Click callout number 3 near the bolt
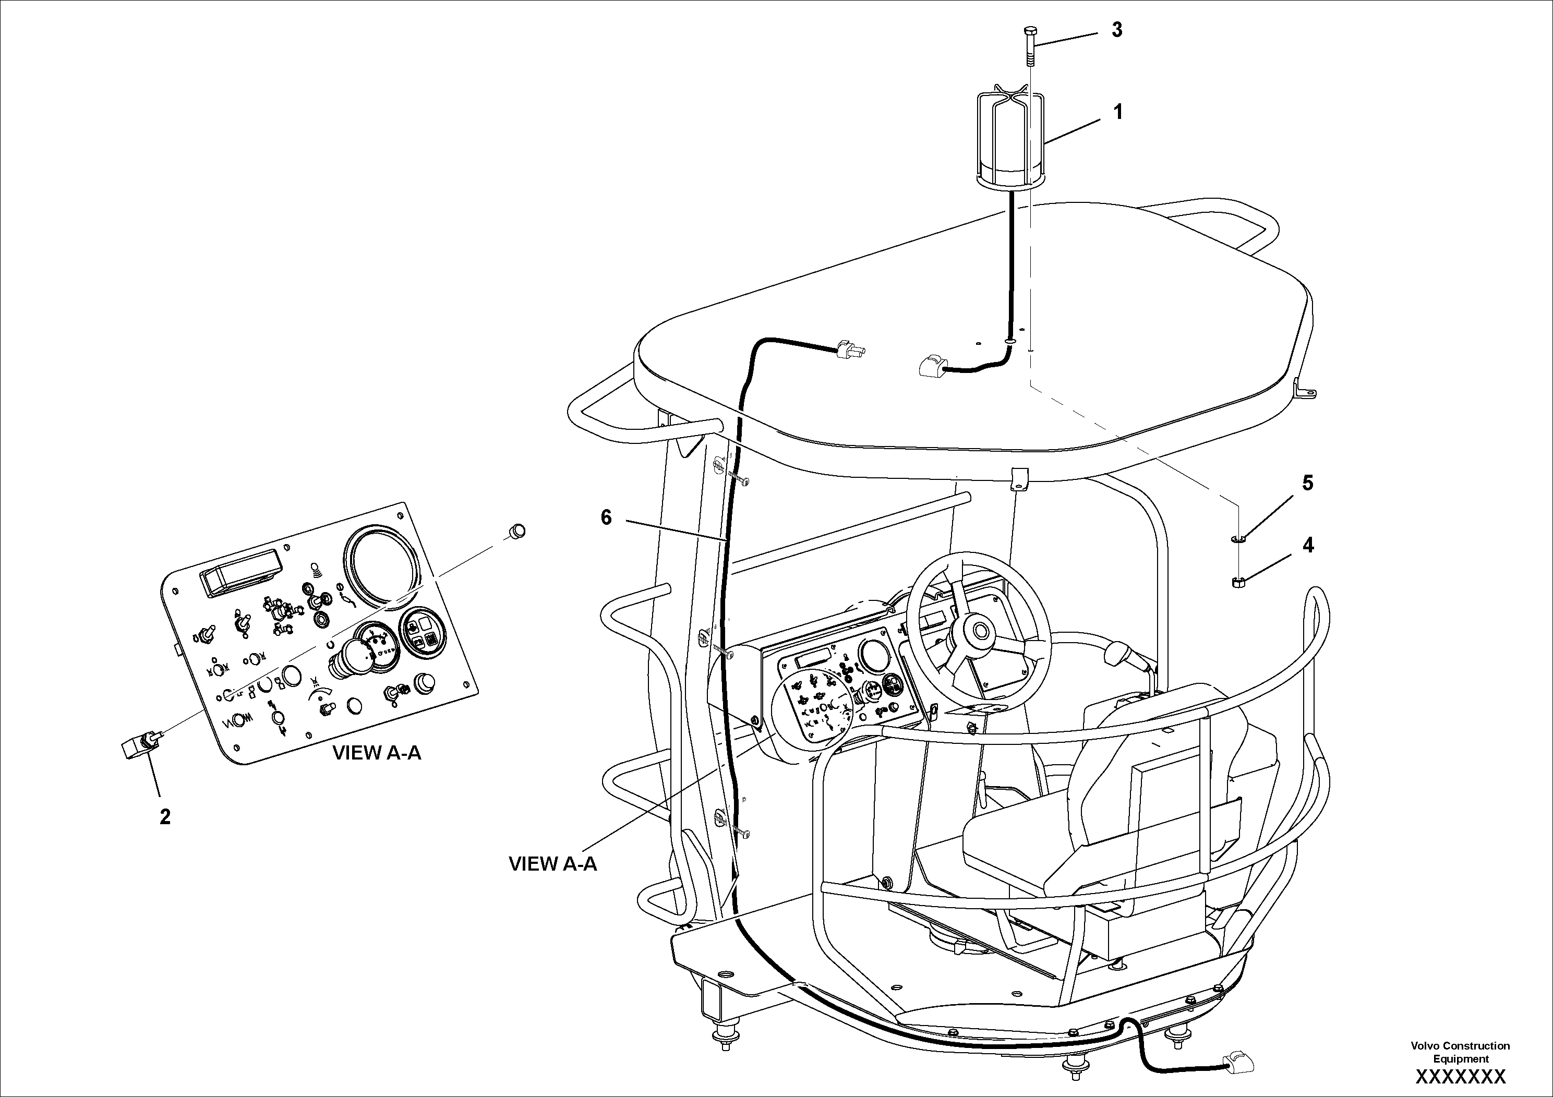[1117, 30]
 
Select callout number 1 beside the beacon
[1118, 112]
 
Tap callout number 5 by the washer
[1307, 483]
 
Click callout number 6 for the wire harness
[606, 517]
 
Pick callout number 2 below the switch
[165, 817]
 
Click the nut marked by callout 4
[1237, 581]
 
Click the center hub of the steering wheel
[978, 632]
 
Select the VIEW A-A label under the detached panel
[376, 753]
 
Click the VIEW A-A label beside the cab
[552, 864]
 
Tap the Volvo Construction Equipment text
[1460, 1052]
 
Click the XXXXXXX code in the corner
[1460, 1076]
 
